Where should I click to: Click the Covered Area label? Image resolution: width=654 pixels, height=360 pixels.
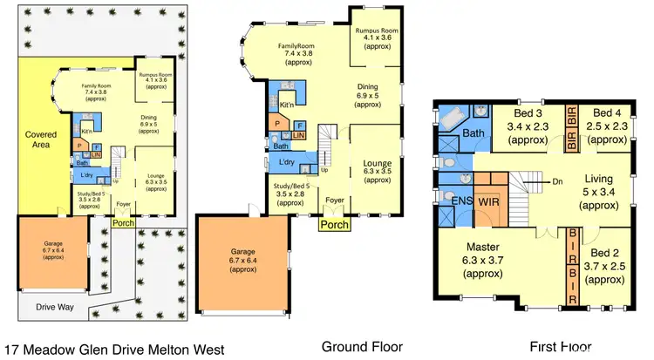[42, 140]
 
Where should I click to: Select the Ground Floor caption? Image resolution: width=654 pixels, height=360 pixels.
[362, 346]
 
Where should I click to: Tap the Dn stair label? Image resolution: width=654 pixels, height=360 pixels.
[559, 182]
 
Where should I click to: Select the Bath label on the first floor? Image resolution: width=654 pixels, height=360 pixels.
[473, 133]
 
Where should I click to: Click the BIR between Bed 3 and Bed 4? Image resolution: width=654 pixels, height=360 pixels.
[572, 117]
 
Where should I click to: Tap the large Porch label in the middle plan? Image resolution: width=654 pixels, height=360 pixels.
[334, 225]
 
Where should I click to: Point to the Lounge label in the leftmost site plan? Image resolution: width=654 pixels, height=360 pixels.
[156, 178]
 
